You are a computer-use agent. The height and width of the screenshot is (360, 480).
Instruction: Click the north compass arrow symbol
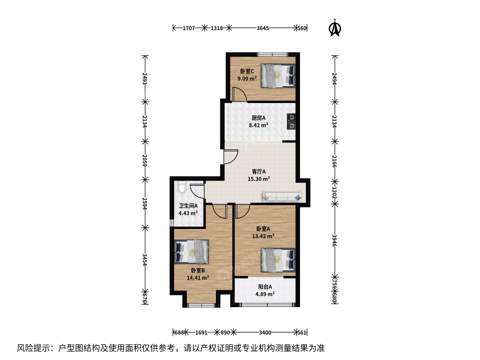pyautogui.click(x=335, y=28)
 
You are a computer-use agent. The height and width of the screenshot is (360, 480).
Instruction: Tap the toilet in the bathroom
pyautogui.click(x=182, y=187)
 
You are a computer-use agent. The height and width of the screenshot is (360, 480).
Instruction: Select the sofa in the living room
pyautogui.click(x=282, y=197)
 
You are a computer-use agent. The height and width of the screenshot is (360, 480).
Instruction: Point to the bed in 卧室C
pyautogui.click(x=278, y=76)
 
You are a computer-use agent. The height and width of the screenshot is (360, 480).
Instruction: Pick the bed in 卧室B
pyautogui.click(x=192, y=252)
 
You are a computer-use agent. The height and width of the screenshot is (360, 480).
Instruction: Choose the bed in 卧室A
pyautogui.click(x=278, y=260)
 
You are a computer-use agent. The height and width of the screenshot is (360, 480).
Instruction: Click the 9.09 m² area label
pyautogui.click(x=247, y=78)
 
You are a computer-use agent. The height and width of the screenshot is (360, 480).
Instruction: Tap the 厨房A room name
pyautogui.click(x=258, y=118)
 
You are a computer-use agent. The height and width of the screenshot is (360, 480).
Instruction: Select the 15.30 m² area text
pyautogui.click(x=259, y=179)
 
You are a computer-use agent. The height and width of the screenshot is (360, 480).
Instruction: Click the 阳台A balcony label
pyautogui.click(x=265, y=287)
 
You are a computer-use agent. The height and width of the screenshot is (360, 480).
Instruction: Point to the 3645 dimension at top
pyautogui.click(x=263, y=28)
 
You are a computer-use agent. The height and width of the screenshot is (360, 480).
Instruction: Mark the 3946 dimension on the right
pyautogui.click(x=334, y=240)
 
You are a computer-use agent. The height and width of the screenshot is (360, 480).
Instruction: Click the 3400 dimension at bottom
pyautogui.click(x=265, y=333)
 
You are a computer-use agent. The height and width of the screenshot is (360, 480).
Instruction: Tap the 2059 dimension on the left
pyautogui.click(x=145, y=160)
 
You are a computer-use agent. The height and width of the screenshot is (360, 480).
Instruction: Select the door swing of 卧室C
pyautogui.click(x=240, y=94)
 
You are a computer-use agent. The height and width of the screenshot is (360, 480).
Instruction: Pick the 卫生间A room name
pyautogui.click(x=188, y=206)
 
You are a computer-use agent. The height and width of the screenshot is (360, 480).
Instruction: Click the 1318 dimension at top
pyautogui.click(x=217, y=28)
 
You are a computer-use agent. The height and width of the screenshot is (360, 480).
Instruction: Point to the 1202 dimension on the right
pyautogui.click(x=334, y=193)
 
